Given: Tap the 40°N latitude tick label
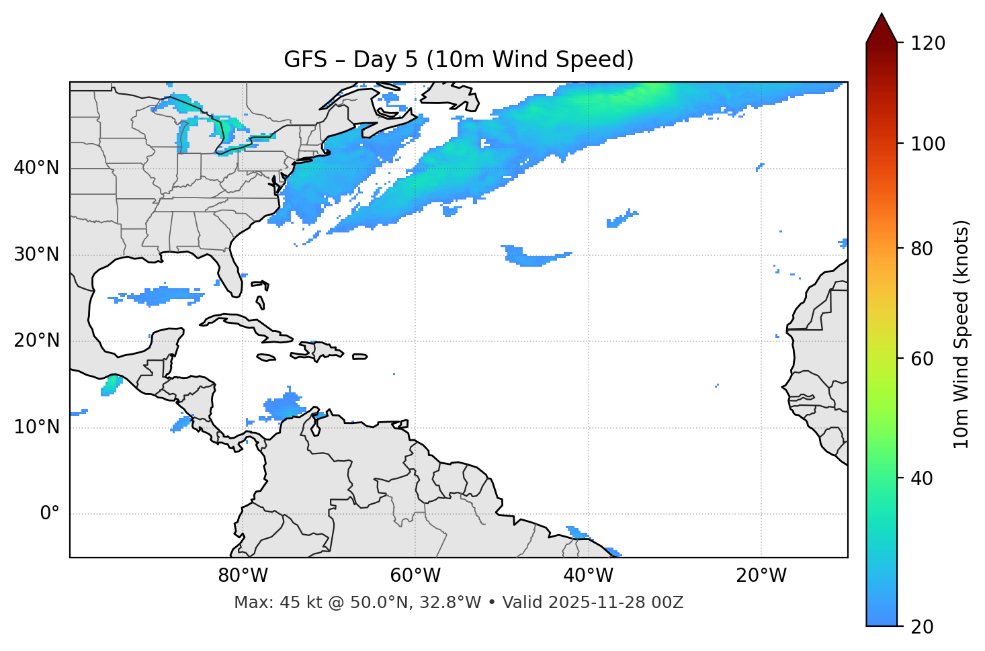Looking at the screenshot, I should pyautogui.click(x=36, y=168).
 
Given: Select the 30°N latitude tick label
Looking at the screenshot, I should pyautogui.click(x=36, y=255).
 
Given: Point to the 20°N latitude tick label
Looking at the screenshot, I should pyautogui.click(x=36, y=341).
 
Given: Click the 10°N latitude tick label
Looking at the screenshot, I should pyautogui.click(x=36, y=427).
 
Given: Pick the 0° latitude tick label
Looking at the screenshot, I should pyautogui.click(x=49, y=514).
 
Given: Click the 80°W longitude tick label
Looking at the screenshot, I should pyautogui.click(x=243, y=576).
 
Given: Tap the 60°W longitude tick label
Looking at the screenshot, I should pyautogui.click(x=415, y=576).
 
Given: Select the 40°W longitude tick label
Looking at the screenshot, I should pyautogui.click(x=588, y=576).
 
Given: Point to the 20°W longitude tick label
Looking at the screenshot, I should pyautogui.click(x=761, y=576).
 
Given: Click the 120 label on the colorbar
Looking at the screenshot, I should pyautogui.click(x=928, y=44).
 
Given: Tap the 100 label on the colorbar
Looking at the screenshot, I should pyautogui.click(x=928, y=144).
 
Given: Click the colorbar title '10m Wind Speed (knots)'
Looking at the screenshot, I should pyautogui.click(x=961, y=334).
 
